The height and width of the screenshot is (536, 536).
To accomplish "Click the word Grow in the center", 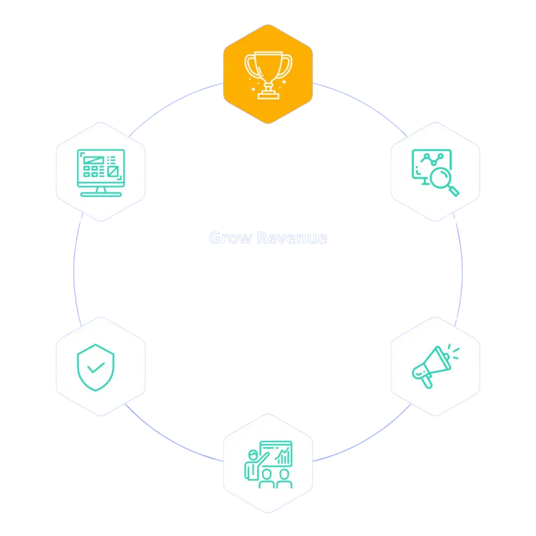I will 230,237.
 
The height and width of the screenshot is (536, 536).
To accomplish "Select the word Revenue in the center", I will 292,237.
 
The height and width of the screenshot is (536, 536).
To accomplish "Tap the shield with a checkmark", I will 95,367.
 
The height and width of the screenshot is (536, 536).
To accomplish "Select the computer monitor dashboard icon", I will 101,172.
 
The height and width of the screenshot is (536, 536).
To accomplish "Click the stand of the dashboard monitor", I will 101,191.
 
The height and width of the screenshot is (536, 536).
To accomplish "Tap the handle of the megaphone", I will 427,382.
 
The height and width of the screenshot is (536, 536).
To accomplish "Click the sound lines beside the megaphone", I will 454,351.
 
